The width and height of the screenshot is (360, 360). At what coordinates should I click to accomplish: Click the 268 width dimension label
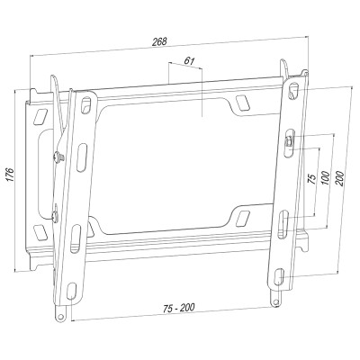(159, 41)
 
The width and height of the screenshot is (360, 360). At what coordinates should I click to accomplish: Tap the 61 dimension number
(188, 61)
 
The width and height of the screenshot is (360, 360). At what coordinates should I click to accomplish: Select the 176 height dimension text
(11, 175)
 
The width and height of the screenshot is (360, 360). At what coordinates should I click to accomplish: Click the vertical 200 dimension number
(339, 179)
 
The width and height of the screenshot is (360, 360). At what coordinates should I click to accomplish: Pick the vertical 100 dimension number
(326, 179)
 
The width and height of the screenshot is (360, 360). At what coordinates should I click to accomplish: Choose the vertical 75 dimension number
(312, 179)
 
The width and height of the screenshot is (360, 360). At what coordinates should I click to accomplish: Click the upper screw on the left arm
(58, 157)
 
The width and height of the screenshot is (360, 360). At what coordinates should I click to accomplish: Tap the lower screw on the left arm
(56, 216)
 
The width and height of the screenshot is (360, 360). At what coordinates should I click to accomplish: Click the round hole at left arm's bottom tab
(61, 317)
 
